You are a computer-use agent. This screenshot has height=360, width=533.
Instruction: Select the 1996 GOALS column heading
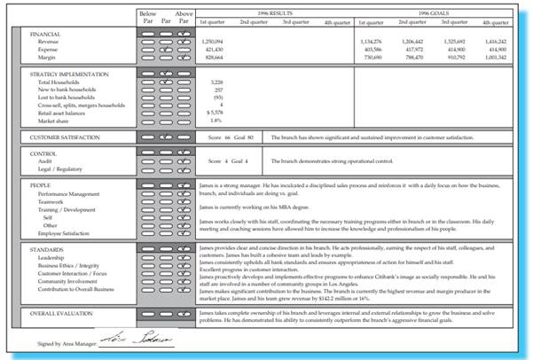click(433, 14)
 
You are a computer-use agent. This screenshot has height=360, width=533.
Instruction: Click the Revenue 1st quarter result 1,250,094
click(212, 42)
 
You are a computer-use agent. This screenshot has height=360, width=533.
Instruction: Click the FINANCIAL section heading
click(46, 34)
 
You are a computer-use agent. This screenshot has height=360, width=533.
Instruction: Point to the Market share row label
click(54, 120)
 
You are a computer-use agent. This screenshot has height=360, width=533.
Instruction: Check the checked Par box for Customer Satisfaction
click(166, 138)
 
